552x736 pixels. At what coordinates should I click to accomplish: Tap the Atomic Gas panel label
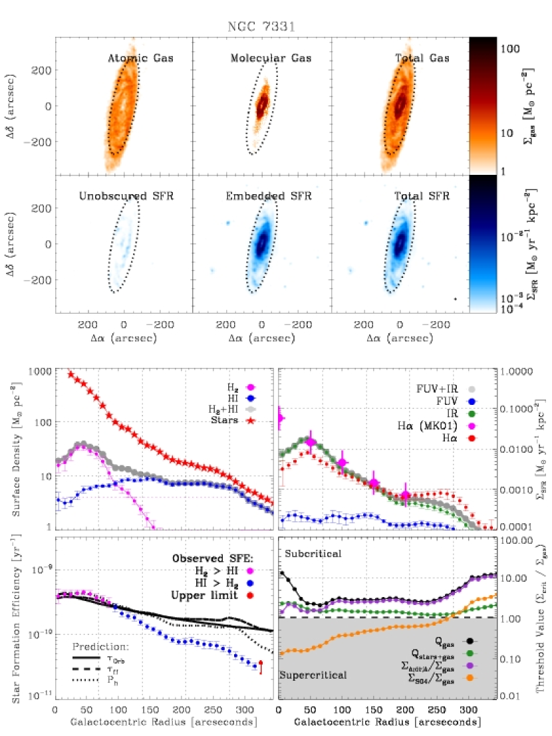tap(140, 59)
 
